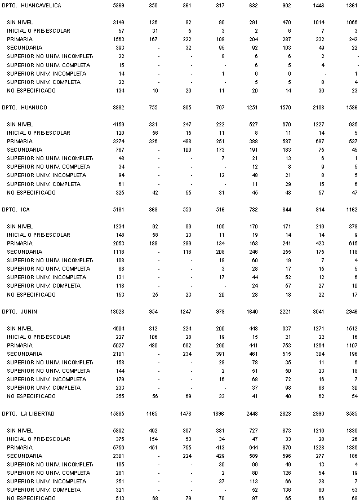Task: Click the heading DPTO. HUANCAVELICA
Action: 32,5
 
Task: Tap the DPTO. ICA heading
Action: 17,209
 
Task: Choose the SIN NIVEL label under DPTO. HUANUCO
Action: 20,124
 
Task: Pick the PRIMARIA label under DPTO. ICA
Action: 20,243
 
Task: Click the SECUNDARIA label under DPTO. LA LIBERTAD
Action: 24,456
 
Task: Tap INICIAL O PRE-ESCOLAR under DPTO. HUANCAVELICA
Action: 39,30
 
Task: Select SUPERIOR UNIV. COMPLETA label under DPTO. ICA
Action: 44,286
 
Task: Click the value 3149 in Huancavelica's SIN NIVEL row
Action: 119,22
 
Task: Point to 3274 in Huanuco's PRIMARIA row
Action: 119,141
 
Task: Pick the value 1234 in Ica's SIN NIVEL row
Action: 119,226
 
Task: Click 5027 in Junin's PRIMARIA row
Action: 119,345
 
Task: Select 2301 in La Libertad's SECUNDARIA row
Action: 119,456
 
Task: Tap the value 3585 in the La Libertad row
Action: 352,413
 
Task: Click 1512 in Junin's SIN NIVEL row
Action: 352,328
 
